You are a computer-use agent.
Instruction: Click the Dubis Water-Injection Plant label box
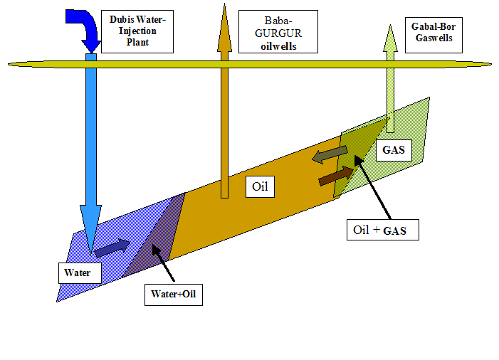click(x=137, y=31)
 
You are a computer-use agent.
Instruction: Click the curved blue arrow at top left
click(x=84, y=27)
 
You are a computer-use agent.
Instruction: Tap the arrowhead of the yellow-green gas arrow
click(x=390, y=38)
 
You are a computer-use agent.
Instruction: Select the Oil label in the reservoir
click(x=259, y=188)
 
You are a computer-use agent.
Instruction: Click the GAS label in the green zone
click(x=392, y=151)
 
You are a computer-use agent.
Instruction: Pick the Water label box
click(x=80, y=272)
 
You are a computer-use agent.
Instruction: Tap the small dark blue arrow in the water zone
click(x=112, y=247)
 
